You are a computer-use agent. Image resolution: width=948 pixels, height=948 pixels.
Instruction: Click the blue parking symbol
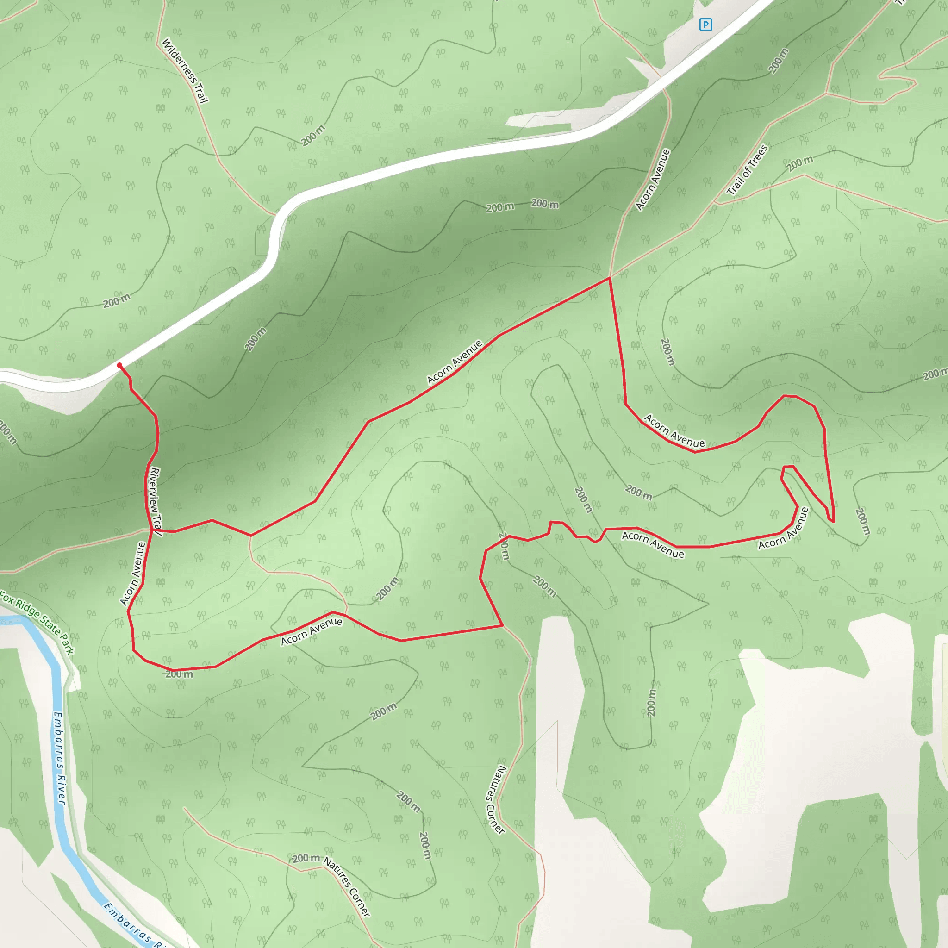point(705,24)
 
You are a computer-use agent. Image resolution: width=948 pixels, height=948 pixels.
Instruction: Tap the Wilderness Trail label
point(185,71)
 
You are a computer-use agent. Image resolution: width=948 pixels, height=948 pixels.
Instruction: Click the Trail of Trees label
point(747,170)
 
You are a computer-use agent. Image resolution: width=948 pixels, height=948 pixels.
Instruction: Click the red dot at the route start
point(119,365)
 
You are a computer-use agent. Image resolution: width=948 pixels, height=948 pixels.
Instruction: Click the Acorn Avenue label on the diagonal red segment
point(455,362)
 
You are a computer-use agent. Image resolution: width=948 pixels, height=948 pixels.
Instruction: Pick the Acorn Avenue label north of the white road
point(653,180)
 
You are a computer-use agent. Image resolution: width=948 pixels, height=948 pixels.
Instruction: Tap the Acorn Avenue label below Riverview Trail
point(133,573)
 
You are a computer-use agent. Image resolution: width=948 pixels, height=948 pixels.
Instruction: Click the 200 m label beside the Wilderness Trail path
point(312,136)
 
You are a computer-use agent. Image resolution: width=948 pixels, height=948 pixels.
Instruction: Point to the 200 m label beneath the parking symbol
point(779,60)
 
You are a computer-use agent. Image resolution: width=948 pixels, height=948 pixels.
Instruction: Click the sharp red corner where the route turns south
point(610,278)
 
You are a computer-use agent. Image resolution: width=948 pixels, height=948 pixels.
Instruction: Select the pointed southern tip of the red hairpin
point(833,522)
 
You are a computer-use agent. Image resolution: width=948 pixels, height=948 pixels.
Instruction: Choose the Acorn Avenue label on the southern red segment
point(312,631)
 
